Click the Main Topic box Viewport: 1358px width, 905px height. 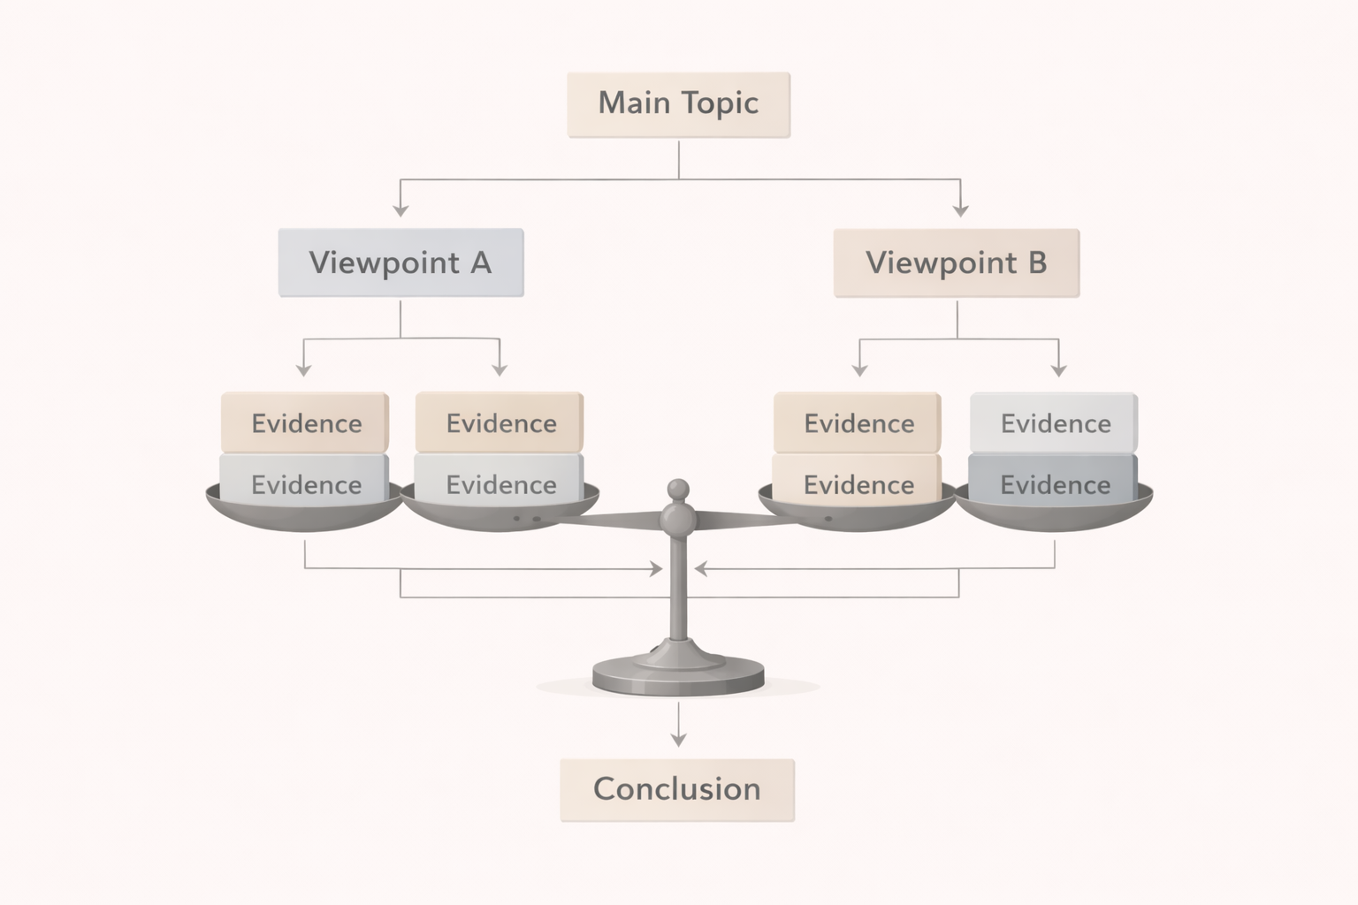678,104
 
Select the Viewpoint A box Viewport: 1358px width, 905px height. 401,262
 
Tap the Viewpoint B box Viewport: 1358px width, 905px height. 957,262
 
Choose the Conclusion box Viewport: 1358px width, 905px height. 677,789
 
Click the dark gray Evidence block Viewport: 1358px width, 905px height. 1053,484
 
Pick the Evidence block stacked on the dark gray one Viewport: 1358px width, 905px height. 1054,423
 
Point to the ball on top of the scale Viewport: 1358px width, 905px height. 678,489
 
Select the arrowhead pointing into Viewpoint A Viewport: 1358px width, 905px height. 401,210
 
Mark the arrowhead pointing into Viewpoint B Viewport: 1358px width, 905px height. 961,210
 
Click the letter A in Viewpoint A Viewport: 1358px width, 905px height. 480,262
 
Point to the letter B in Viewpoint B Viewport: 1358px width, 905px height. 1037,262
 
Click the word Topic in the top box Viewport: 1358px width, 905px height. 720,103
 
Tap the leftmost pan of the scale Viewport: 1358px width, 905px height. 303,513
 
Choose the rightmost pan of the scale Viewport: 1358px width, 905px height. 1054,513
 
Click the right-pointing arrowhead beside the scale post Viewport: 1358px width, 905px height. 657,569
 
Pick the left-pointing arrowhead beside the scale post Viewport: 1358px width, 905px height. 700,569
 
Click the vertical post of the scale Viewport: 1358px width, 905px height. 678,592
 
